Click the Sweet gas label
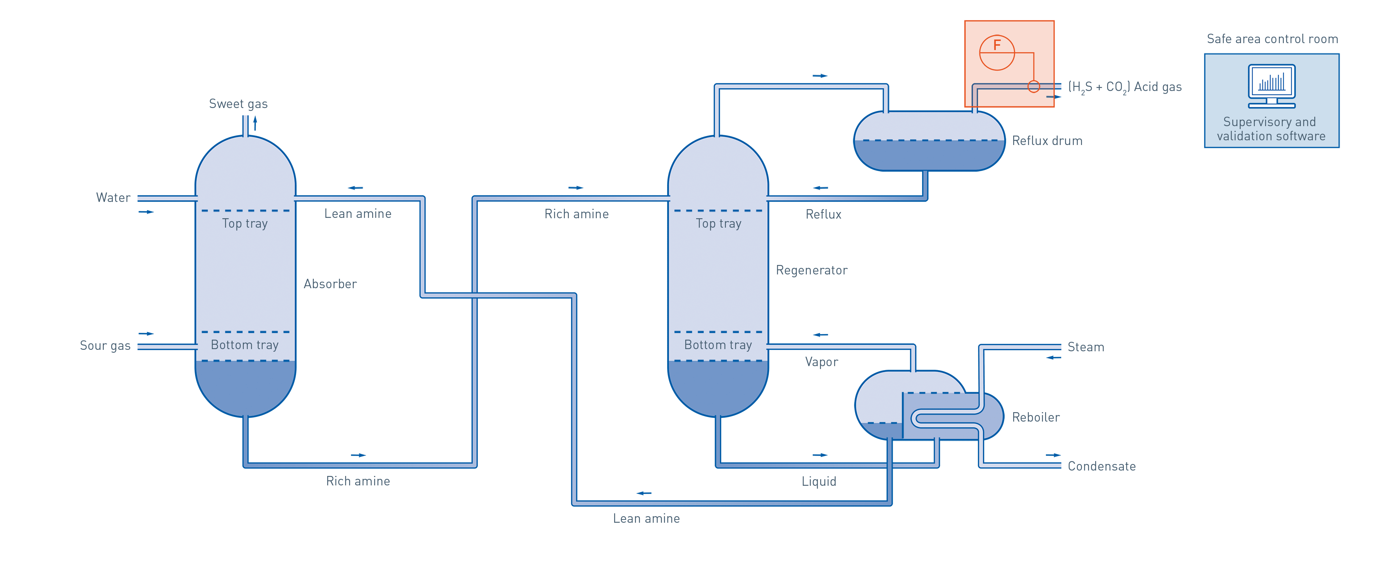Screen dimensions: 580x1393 (238, 104)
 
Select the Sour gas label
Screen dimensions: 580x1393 (105, 346)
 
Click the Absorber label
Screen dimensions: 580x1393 (330, 284)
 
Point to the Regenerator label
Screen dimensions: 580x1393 (811, 270)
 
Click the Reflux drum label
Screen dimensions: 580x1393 (1047, 141)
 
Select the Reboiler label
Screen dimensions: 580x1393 (1036, 417)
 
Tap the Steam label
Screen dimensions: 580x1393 (1086, 347)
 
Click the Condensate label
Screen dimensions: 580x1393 (1102, 466)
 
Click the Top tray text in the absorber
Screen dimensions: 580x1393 (245, 224)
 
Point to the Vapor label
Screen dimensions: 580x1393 (821, 362)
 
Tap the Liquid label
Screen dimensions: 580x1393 (819, 481)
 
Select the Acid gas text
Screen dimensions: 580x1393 (1125, 87)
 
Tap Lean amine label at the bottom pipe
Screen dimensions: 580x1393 (646, 518)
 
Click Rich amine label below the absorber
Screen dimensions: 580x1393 (358, 481)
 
